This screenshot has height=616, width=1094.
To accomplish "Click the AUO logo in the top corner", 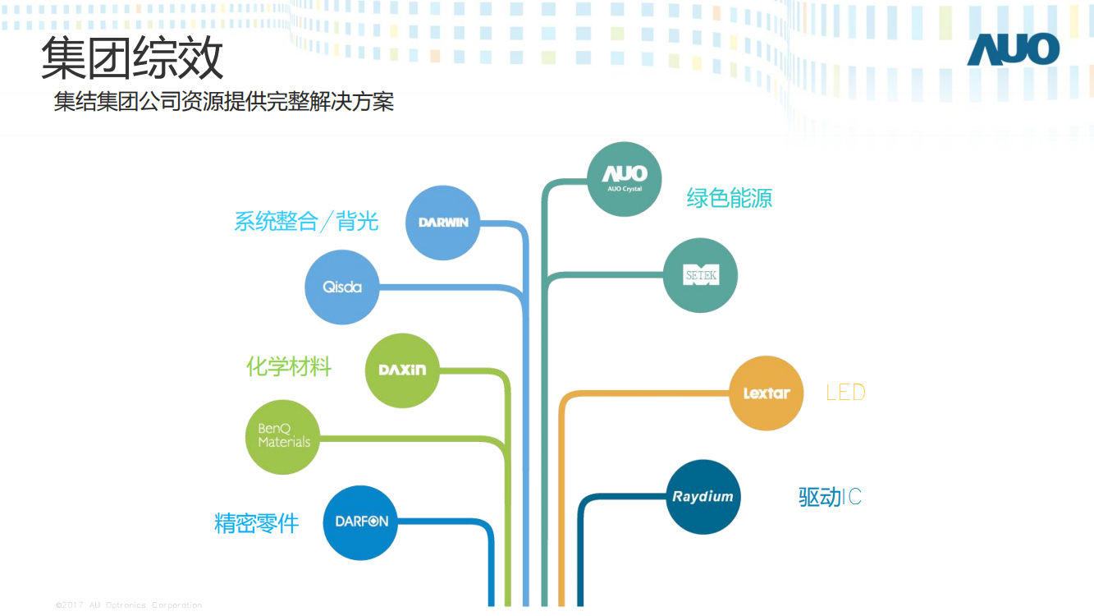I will pyautogui.click(x=1013, y=50).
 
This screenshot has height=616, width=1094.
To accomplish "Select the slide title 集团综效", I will pyautogui.click(x=132, y=58).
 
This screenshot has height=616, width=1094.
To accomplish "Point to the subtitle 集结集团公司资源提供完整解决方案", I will pyautogui.click(x=224, y=102).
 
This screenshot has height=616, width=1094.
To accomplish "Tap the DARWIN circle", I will pyautogui.click(x=442, y=223).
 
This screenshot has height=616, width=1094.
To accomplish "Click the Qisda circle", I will pyautogui.click(x=342, y=287).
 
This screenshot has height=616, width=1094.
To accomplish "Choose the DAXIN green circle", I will pyautogui.click(x=402, y=370).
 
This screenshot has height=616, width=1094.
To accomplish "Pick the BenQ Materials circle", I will pyautogui.click(x=283, y=437).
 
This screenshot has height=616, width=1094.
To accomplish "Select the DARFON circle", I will pyautogui.click(x=360, y=522).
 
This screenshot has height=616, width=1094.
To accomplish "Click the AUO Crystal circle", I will pyautogui.click(x=625, y=179).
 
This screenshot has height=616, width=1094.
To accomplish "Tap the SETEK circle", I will pyautogui.click(x=700, y=276).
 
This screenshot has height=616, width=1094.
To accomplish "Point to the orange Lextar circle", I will pyautogui.click(x=766, y=393).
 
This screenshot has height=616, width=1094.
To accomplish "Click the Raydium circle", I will pyautogui.click(x=703, y=497).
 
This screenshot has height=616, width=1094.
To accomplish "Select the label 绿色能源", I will pyautogui.click(x=729, y=198).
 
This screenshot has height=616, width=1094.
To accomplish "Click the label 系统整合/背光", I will pyautogui.click(x=306, y=222).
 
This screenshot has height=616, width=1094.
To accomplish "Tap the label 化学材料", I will pyautogui.click(x=289, y=366).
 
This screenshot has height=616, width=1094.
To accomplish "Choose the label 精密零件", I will pyautogui.click(x=256, y=523).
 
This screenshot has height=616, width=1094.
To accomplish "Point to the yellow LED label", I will pyautogui.click(x=845, y=393).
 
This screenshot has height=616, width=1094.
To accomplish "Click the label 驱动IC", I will pyautogui.click(x=830, y=497).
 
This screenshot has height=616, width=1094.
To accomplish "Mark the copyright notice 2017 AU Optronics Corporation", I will pyautogui.click(x=129, y=605).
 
